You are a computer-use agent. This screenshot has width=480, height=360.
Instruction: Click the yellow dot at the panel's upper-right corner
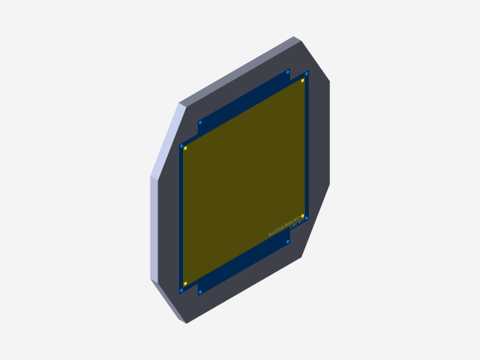(303, 80)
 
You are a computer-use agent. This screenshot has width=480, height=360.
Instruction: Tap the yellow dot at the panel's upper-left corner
(185, 148)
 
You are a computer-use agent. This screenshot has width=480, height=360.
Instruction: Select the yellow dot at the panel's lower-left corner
(185, 283)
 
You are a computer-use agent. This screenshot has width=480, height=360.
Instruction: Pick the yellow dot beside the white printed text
(303, 216)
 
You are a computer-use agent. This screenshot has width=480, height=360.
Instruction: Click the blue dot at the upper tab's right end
(288, 72)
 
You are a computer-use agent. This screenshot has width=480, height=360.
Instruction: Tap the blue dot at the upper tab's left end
(200, 122)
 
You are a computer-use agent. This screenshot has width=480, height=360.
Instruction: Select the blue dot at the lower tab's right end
(288, 241)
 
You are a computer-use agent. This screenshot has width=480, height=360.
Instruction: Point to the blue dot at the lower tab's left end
(200, 291)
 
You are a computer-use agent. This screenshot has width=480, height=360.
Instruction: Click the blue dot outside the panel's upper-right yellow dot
(307, 73)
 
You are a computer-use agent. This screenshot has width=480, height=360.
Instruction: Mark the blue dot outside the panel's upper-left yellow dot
(181, 145)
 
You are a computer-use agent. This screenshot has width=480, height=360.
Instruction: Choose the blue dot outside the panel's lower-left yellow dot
(181, 289)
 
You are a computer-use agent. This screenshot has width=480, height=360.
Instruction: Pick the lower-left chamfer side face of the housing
(169, 301)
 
